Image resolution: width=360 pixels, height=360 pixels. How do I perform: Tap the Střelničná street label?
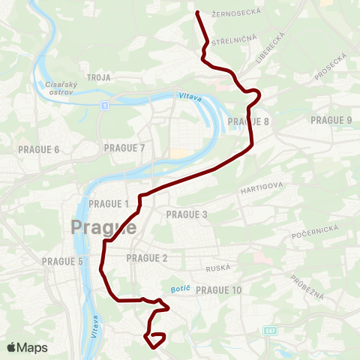[x=235, y=39]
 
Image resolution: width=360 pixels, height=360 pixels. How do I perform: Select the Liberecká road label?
[x=271, y=46]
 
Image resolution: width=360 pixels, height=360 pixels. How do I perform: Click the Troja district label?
[x=99, y=77]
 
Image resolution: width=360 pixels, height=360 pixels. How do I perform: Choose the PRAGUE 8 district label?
[x=248, y=121]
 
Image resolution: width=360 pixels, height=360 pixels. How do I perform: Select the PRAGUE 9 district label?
[x=331, y=120]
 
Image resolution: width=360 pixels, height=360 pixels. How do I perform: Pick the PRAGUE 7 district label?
[x=124, y=148]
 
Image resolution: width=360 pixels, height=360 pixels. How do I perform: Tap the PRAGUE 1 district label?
[x=109, y=204]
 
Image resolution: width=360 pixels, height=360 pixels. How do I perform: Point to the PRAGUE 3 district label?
[x=186, y=214]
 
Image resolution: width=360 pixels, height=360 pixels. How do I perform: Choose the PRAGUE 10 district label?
[x=218, y=290]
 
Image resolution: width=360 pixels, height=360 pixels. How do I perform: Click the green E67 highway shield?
[x=269, y=330]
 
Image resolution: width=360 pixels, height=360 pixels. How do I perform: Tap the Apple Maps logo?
[x=27, y=347]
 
